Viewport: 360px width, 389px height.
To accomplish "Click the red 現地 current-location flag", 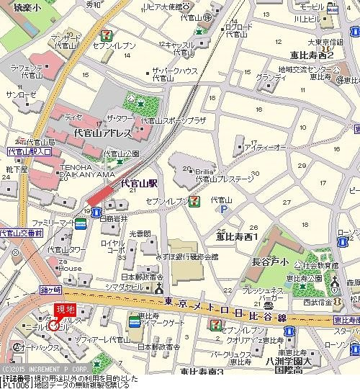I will click(66, 310).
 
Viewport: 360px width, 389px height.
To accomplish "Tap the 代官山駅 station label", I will click(139, 184).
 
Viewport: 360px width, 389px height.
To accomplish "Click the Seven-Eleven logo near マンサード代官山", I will click(106, 34).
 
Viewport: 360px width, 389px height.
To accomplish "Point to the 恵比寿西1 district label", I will click(237, 236).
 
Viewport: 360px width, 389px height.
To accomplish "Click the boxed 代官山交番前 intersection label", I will click(22, 233).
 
